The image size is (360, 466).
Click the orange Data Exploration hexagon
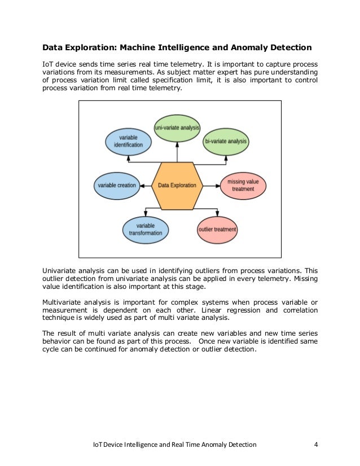(x=177, y=185)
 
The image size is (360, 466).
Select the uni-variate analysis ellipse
(x=177, y=128)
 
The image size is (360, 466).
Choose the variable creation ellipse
(x=117, y=185)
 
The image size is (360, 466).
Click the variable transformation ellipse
(x=145, y=229)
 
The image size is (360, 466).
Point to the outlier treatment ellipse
(x=217, y=230)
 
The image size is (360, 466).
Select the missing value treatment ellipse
(x=243, y=185)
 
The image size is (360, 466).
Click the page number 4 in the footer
(x=316, y=445)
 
